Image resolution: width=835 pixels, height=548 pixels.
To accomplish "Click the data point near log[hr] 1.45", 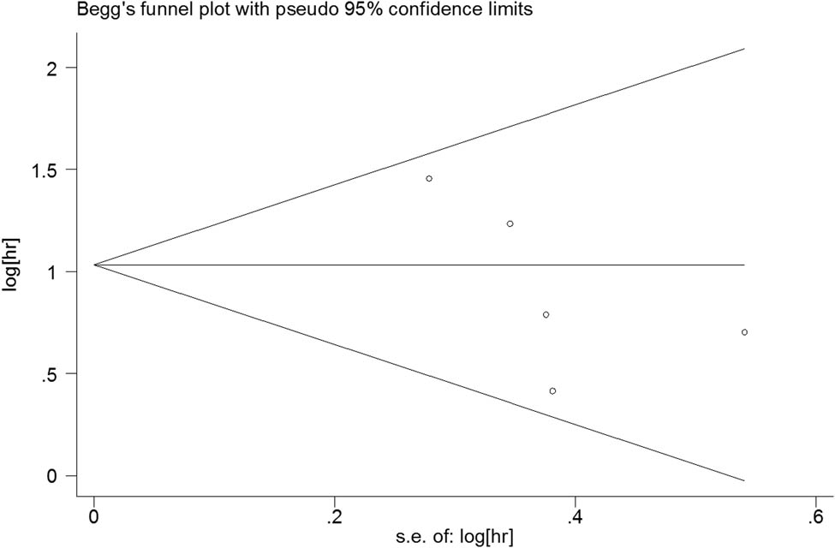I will click(429, 178).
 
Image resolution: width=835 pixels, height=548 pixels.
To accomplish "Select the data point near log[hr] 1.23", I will click(510, 223).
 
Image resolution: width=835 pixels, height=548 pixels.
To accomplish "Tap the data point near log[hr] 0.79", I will click(546, 314).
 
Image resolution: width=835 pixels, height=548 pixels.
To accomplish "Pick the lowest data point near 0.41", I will click(552, 390).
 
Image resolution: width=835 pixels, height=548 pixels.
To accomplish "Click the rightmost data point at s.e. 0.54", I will click(744, 332).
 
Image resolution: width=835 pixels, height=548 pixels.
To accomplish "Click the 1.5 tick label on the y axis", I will click(47, 170).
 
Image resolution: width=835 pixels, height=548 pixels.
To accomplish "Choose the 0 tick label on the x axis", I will click(93, 515).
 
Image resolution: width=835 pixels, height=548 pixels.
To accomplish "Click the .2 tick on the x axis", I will click(334, 515).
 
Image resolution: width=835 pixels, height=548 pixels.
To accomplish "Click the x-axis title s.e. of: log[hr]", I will click(454, 537).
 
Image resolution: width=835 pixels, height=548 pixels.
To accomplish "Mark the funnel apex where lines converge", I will click(94, 265).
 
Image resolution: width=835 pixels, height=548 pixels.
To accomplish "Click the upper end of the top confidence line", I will click(744, 49).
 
